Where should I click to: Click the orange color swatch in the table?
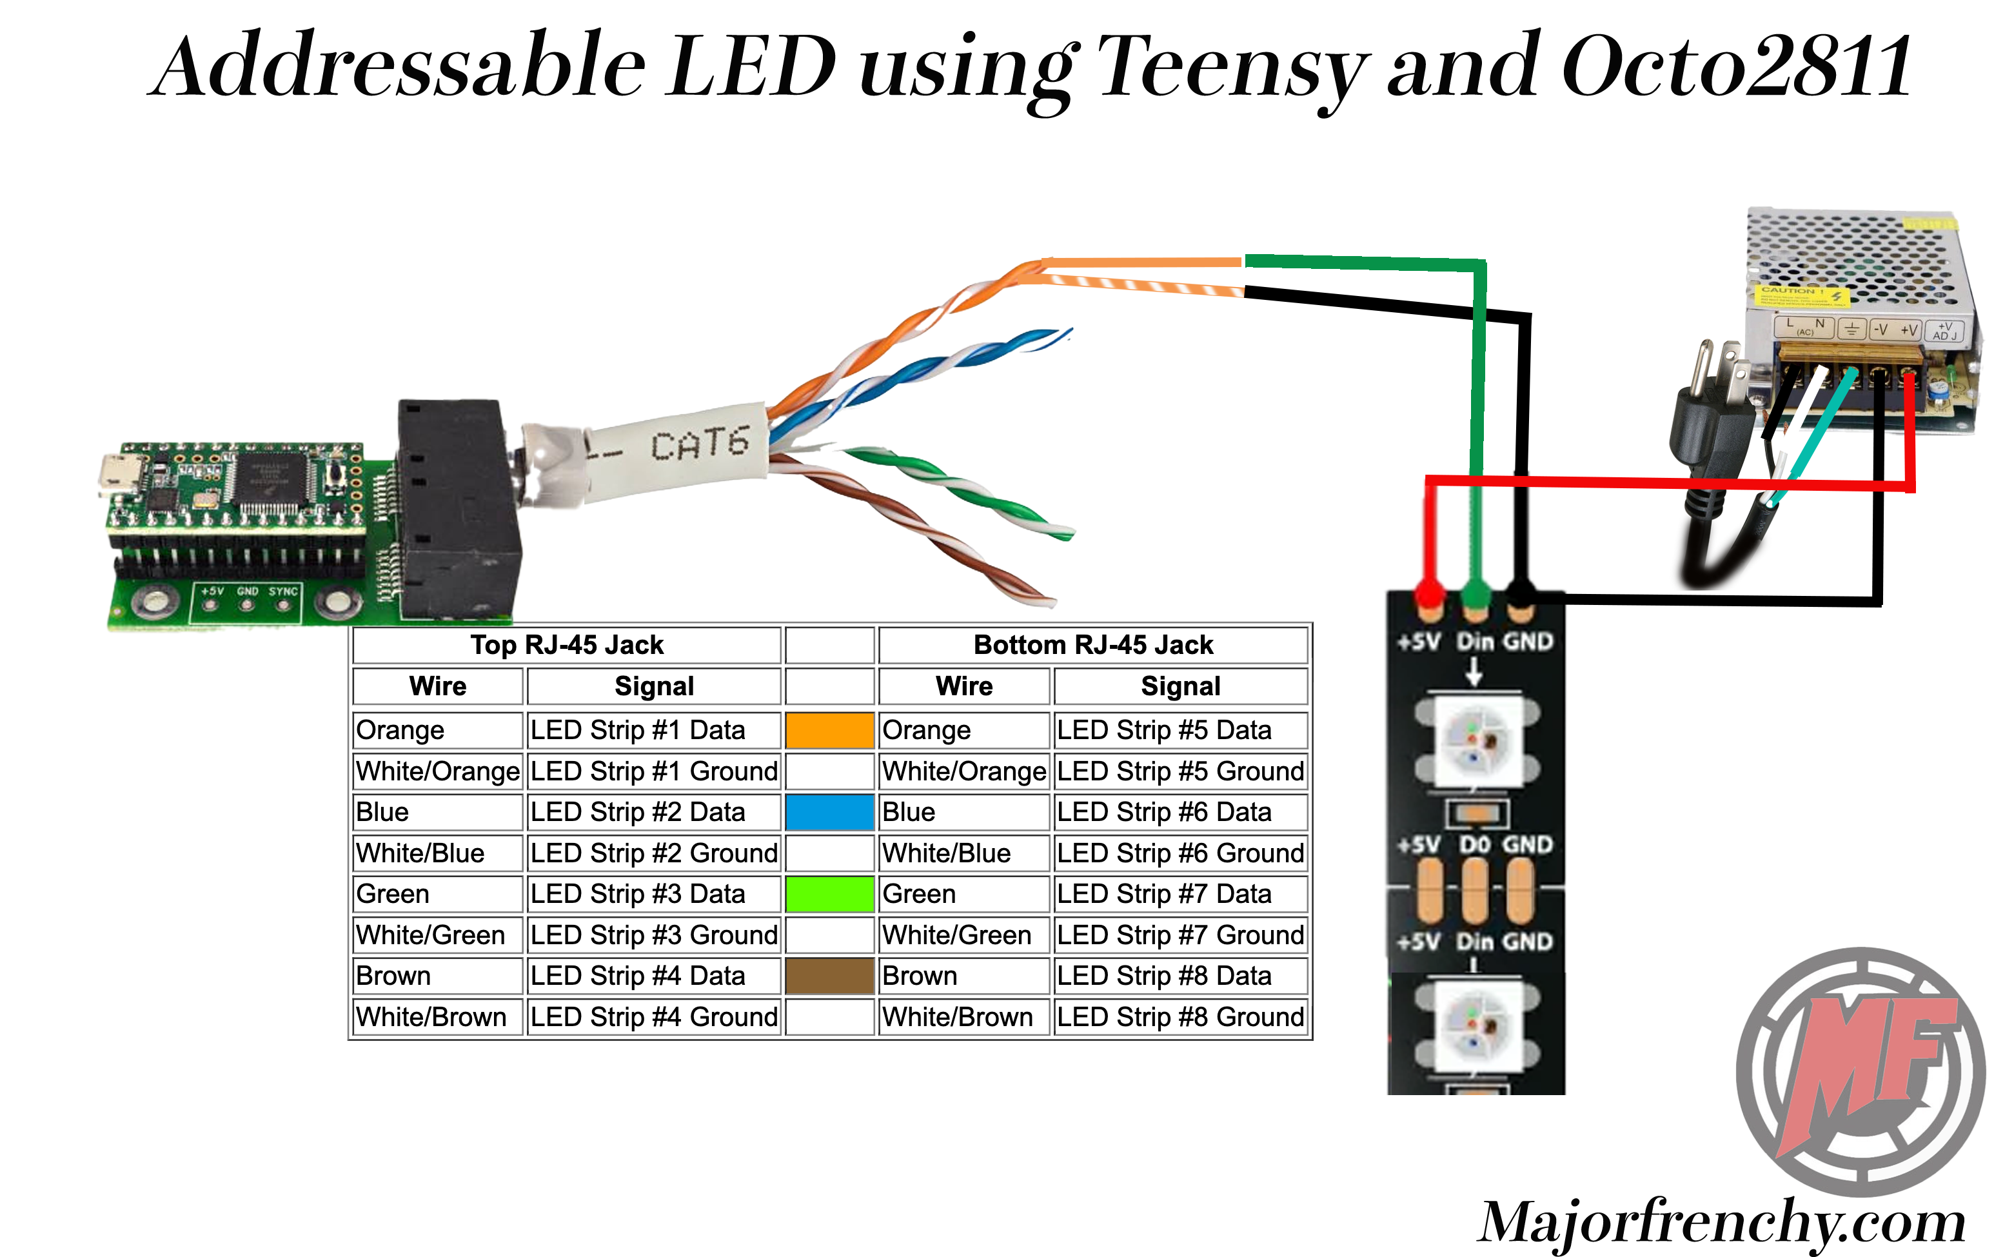click(x=829, y=730)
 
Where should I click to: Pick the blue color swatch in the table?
click(x=829, y=811)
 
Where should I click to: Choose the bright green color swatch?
click(x=829, y=894)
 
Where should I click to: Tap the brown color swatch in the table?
click(x=829, y=975)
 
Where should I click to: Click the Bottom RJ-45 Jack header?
click(x=1092, y=644)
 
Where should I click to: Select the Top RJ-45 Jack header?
click(x=567, y=644)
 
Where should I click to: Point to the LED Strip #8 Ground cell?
click(x=1180, y=1016)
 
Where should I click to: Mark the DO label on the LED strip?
click(x=1475, y=845)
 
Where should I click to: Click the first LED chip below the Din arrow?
click(x=1476, y=739)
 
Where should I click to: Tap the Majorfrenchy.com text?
click(x=1721, y=1222)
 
